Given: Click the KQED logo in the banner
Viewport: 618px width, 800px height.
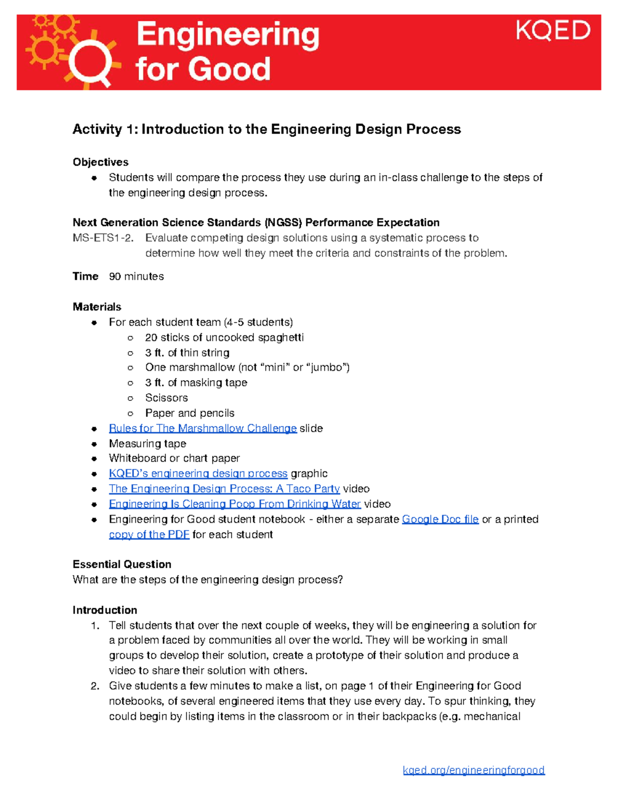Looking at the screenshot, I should point(553,31).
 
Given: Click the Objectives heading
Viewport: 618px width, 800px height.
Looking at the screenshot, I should point(100,162).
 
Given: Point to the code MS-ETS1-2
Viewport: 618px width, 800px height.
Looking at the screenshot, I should point(103,238).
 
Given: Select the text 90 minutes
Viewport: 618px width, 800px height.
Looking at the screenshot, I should point(136,277).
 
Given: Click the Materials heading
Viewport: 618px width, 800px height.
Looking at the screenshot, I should point(97,307).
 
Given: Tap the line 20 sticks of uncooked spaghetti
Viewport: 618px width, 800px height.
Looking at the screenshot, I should point(224,337).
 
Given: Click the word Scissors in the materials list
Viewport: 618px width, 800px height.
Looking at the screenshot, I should point(166,398).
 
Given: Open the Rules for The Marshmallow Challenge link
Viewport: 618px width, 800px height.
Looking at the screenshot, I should point(202,429).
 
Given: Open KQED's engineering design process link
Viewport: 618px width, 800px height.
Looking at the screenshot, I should point(198,473).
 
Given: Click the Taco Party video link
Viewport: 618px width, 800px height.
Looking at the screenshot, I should point(224,489).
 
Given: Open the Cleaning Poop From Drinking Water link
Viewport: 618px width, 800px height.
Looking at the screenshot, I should point(234,504).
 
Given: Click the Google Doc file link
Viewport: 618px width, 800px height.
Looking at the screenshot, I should point(440,519).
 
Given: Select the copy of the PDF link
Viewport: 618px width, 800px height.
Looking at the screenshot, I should point(149,535).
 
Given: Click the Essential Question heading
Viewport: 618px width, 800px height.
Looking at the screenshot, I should point(122,564).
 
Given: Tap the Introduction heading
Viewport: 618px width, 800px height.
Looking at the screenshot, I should point(105,610).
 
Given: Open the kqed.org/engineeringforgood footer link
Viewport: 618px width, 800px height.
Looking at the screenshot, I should point(473,770).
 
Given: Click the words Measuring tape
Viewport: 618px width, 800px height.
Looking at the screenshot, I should point(147,444).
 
